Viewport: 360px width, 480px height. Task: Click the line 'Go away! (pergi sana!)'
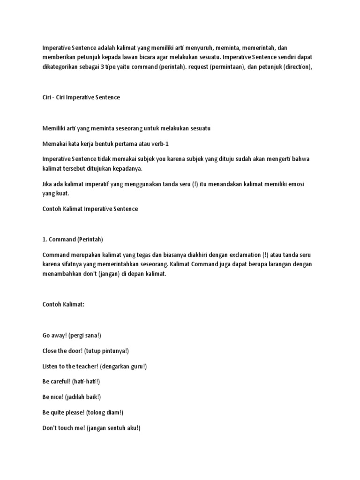click(x=71, y=335)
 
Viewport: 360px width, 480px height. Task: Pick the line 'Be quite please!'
click(x=62, y=412)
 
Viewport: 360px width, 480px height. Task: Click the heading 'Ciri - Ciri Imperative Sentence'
click(x=81, y=97)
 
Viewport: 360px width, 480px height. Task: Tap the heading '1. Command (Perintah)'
click(x=73, y=239)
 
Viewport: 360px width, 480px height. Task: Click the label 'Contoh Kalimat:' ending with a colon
click(x=63, y=304)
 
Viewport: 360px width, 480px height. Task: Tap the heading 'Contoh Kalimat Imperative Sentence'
click(x=90, y=209)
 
